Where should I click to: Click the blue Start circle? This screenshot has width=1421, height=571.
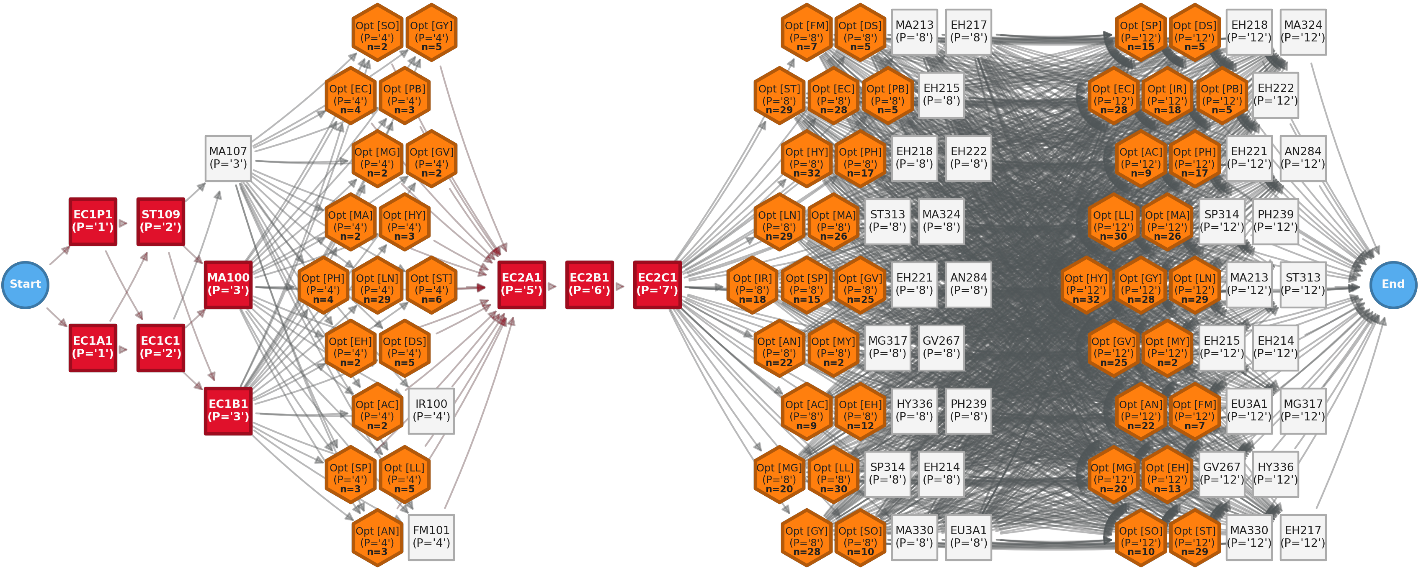point(26,284)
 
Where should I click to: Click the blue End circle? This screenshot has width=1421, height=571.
point(1393,284)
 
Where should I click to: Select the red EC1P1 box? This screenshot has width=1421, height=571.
point(93,221)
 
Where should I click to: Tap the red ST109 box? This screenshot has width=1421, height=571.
point(160,221)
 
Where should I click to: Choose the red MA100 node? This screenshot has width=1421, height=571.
point(228,284)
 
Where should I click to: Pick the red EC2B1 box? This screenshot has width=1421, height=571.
point(589,284)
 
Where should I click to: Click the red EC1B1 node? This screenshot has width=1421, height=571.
point(228,411)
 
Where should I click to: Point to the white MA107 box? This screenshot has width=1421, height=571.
point(228,158)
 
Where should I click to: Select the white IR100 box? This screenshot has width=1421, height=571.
point(431,411)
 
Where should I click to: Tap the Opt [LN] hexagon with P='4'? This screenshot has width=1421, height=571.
point(377,284)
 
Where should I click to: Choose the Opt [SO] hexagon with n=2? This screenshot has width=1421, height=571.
point(377,32)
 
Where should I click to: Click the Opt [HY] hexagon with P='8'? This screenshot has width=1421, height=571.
point(807,158)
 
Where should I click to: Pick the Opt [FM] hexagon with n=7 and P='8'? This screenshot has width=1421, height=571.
point(807,32)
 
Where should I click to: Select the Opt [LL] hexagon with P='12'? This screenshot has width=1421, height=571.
point(1113,221)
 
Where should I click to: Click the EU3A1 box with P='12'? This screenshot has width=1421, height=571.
point(1249,411)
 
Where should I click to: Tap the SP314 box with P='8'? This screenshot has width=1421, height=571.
point(887,474)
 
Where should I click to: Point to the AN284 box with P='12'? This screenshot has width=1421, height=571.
point(1303,158)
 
